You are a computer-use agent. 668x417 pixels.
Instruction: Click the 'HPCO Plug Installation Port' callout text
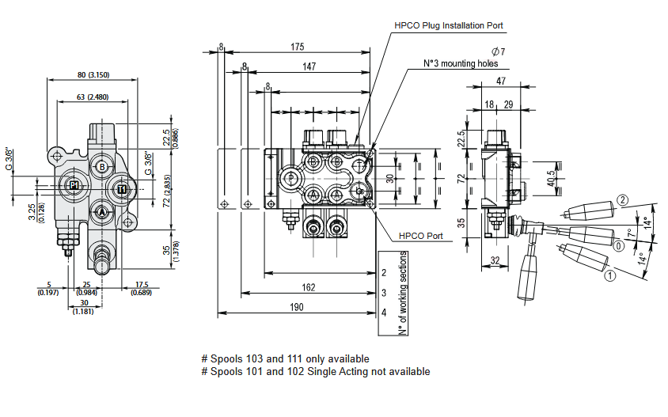tap(449, 25)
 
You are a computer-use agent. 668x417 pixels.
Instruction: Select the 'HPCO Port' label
tap(420, 236)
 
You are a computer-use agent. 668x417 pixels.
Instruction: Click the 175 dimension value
tap(298, 46)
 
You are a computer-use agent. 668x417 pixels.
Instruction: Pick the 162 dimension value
tap(308, 286)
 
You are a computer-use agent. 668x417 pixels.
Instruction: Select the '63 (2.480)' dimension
tap(93, 97)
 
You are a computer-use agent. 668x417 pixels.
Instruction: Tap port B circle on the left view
tap(102, 166)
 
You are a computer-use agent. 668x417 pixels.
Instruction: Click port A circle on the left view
tap(102, 211)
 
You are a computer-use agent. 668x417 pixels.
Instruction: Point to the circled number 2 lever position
tap(623, 200)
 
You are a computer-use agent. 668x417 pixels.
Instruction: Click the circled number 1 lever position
tap(609, 276)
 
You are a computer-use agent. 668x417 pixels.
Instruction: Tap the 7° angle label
tap(631, 235)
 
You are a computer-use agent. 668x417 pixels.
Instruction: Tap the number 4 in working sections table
tap(384, 313)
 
